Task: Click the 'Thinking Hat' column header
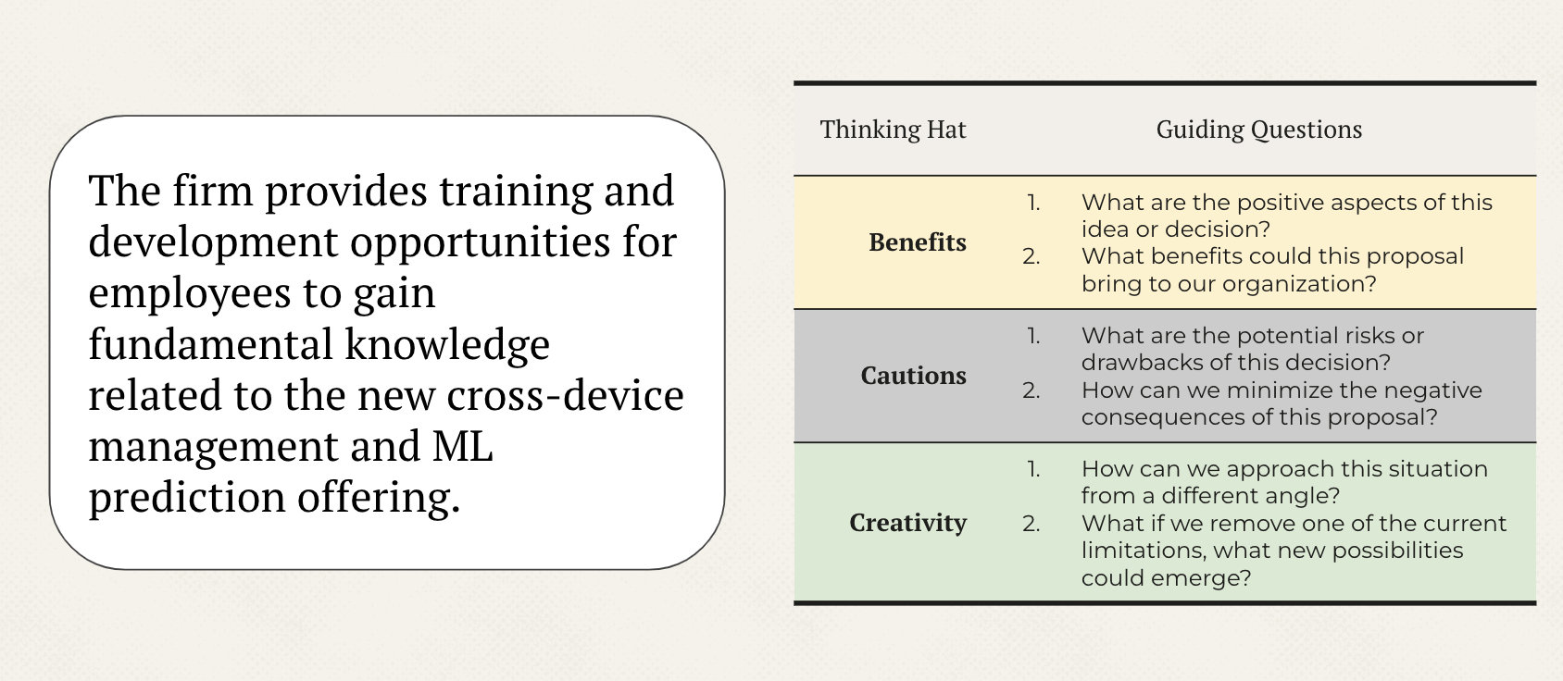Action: (x=893, y=130)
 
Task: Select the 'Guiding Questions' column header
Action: (x=1258, y=130)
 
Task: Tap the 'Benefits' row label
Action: (x=918, y=241)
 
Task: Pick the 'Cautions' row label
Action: (x=913, y=376)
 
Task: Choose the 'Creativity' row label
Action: (x=907, y=523)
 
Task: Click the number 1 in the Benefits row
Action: (x=1033, y=203)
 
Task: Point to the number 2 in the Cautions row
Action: (x=1032, y=390)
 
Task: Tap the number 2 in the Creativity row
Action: (x=1032, y=524)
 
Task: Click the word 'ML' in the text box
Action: (x=463, y=446)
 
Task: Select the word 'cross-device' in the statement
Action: (x=565, y=395)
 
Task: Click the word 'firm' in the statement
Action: (x=213, y=191)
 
